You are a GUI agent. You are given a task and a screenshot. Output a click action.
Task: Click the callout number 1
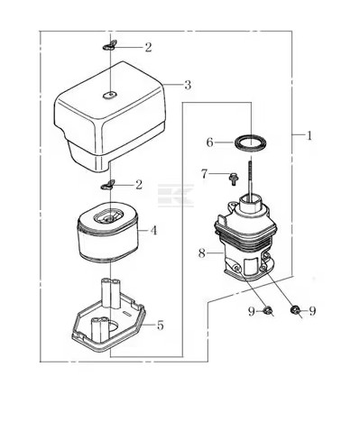[309, 135]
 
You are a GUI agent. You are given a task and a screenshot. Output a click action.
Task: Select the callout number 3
[188, 85]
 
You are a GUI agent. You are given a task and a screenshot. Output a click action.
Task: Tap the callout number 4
[153, 231]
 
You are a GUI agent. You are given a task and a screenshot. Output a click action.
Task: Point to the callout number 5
[160, 325]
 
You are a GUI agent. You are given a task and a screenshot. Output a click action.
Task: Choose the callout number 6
[209, 142]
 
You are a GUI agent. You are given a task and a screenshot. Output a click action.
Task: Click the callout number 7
[205, 174]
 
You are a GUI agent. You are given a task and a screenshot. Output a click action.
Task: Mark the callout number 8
[202, 253]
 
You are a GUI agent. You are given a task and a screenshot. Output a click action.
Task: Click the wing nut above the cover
[109, 45]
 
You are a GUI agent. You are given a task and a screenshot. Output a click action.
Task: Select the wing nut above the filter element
[108, 185]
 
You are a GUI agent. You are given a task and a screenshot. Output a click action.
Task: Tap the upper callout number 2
[148, 48]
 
